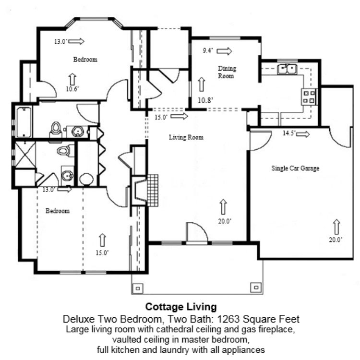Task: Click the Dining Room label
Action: pos(227,72)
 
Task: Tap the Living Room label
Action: pos(186,137)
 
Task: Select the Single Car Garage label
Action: pos(295,168)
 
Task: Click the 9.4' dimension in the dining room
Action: pos(208,50)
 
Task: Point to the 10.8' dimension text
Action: pos(205,100)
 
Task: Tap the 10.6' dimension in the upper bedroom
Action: pos(72,89)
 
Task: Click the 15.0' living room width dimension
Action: pos(161,117)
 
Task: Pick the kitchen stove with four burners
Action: pos(309,96)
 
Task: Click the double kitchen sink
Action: pos(288,70)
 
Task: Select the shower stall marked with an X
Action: pos(23,155)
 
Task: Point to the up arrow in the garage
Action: pos(335,226)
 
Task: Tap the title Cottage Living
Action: pos(181,306)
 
